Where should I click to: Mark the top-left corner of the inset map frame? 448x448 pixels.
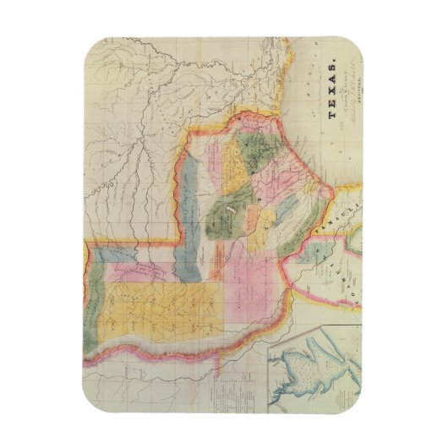268,327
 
